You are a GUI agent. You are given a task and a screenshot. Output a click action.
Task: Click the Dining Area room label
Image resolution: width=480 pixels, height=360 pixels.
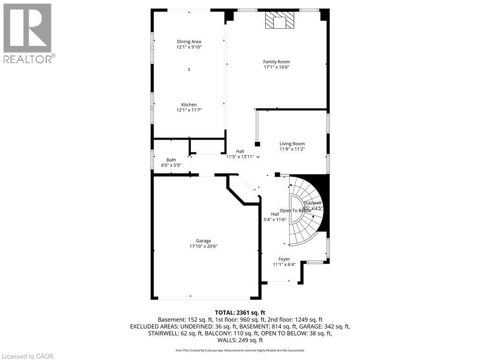[x=189, y=42]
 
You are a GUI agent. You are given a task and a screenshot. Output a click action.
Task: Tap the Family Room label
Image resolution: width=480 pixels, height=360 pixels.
[x=276, y=61]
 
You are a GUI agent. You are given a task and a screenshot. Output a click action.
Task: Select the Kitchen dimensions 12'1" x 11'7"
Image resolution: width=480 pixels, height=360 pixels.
[x=189, y=110]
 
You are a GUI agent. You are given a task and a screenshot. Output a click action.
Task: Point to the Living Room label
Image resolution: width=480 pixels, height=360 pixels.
[x=292, y=144]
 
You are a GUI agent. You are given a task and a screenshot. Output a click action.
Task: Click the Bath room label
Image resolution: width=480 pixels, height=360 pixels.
[x=171, y=160]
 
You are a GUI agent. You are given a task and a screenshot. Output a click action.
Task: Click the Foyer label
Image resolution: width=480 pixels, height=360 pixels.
[x=284, y=259]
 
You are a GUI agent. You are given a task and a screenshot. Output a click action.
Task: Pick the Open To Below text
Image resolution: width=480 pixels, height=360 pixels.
[x=295, y=210]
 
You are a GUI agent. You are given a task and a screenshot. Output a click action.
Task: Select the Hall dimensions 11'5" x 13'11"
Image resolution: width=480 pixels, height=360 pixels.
[x=240, y=157]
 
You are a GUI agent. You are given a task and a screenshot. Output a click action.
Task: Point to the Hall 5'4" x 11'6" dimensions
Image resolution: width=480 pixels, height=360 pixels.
[x=275, y=219]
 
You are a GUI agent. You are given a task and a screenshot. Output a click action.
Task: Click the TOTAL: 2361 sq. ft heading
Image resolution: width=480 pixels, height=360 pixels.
[x=240, y=312]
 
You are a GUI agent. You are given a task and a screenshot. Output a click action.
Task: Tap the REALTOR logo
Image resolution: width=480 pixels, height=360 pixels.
[x=28, y=33]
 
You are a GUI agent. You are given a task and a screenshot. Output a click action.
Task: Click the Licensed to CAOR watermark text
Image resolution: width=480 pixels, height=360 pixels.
[x=27, y=356]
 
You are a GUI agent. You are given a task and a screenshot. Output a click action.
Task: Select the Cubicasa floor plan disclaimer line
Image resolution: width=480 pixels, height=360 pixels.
[x=240, y=350]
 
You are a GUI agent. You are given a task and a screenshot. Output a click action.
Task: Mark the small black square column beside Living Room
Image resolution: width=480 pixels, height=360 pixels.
[x=257, y=144]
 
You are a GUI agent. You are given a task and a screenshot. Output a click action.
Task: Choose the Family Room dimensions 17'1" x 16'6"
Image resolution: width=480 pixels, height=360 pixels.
[x=276, y=67]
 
